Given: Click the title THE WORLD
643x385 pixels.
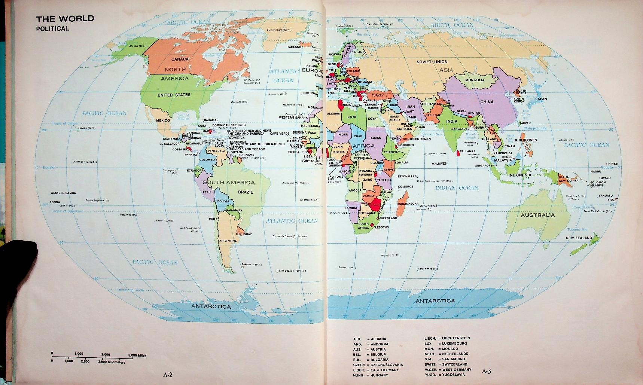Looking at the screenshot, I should tap(65, 18).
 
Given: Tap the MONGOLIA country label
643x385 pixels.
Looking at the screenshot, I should tap(475, 80).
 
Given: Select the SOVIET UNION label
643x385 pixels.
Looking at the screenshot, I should tap(432, 62).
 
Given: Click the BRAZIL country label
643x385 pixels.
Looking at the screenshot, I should tap(246, 192).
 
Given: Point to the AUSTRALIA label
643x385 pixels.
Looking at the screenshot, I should tap(537, 215).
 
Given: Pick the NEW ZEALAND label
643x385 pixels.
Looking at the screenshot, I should tap(579, 238).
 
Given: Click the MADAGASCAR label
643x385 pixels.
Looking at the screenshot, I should tap(408, 204).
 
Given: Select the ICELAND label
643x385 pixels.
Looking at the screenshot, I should tap(294, 47).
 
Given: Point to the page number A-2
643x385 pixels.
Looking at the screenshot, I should tap(167, 373).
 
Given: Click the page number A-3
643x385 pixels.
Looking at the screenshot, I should tap(486, 371).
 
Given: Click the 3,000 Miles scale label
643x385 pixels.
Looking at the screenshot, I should tap(137, 355).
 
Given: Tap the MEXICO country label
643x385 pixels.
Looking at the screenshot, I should tap(163, 120).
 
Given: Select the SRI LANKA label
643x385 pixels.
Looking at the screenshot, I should tap(467, 152).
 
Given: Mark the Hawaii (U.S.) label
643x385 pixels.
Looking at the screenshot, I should tap(87, 128).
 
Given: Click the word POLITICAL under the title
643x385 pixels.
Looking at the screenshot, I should tap(52, 28).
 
